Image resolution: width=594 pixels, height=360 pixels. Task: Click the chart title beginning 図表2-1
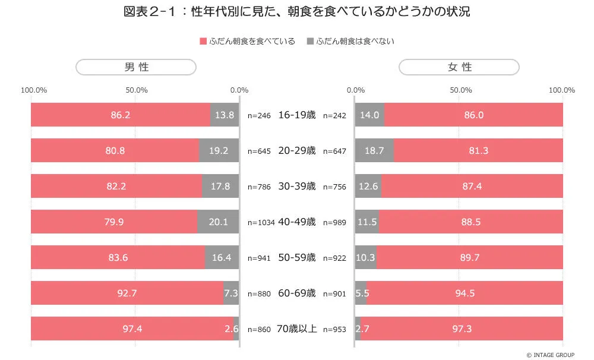[x=297, y=12]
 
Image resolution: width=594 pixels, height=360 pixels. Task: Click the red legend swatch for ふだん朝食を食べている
[x=203, y=41]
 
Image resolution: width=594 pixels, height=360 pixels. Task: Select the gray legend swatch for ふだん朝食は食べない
[x=310, y=41]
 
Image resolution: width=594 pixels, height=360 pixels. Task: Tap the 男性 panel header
[x=136, y=67]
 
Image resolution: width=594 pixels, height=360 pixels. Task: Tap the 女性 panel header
[x=459, y=67]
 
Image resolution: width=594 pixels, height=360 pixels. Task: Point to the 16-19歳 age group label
[x=297, y=115]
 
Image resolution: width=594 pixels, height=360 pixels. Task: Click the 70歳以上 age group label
[x=296, y=329]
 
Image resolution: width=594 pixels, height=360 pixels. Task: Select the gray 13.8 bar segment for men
[x=225, y=115]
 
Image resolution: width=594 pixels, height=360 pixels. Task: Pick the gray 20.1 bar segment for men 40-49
[x=219, y=222]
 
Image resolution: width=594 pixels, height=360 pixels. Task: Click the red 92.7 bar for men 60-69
[x=127, y=293]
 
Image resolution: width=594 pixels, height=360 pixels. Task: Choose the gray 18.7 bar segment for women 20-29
[x=374, y=150]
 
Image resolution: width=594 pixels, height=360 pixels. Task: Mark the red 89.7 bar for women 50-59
[x=470, y=257]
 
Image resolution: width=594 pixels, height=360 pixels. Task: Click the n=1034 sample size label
[x=261, y=222]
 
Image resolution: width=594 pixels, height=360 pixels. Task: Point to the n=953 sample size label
[x=334, y=329]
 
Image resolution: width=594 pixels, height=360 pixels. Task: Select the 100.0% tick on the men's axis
[x=34, y=90]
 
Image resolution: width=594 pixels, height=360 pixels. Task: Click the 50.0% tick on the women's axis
[x=461, y=90]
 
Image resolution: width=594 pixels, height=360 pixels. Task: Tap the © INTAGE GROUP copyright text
[x=551, y=355]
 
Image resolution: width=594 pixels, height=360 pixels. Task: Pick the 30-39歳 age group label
[x=297, y=186]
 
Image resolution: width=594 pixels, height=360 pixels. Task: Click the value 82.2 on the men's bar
[x=116, y=186]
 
